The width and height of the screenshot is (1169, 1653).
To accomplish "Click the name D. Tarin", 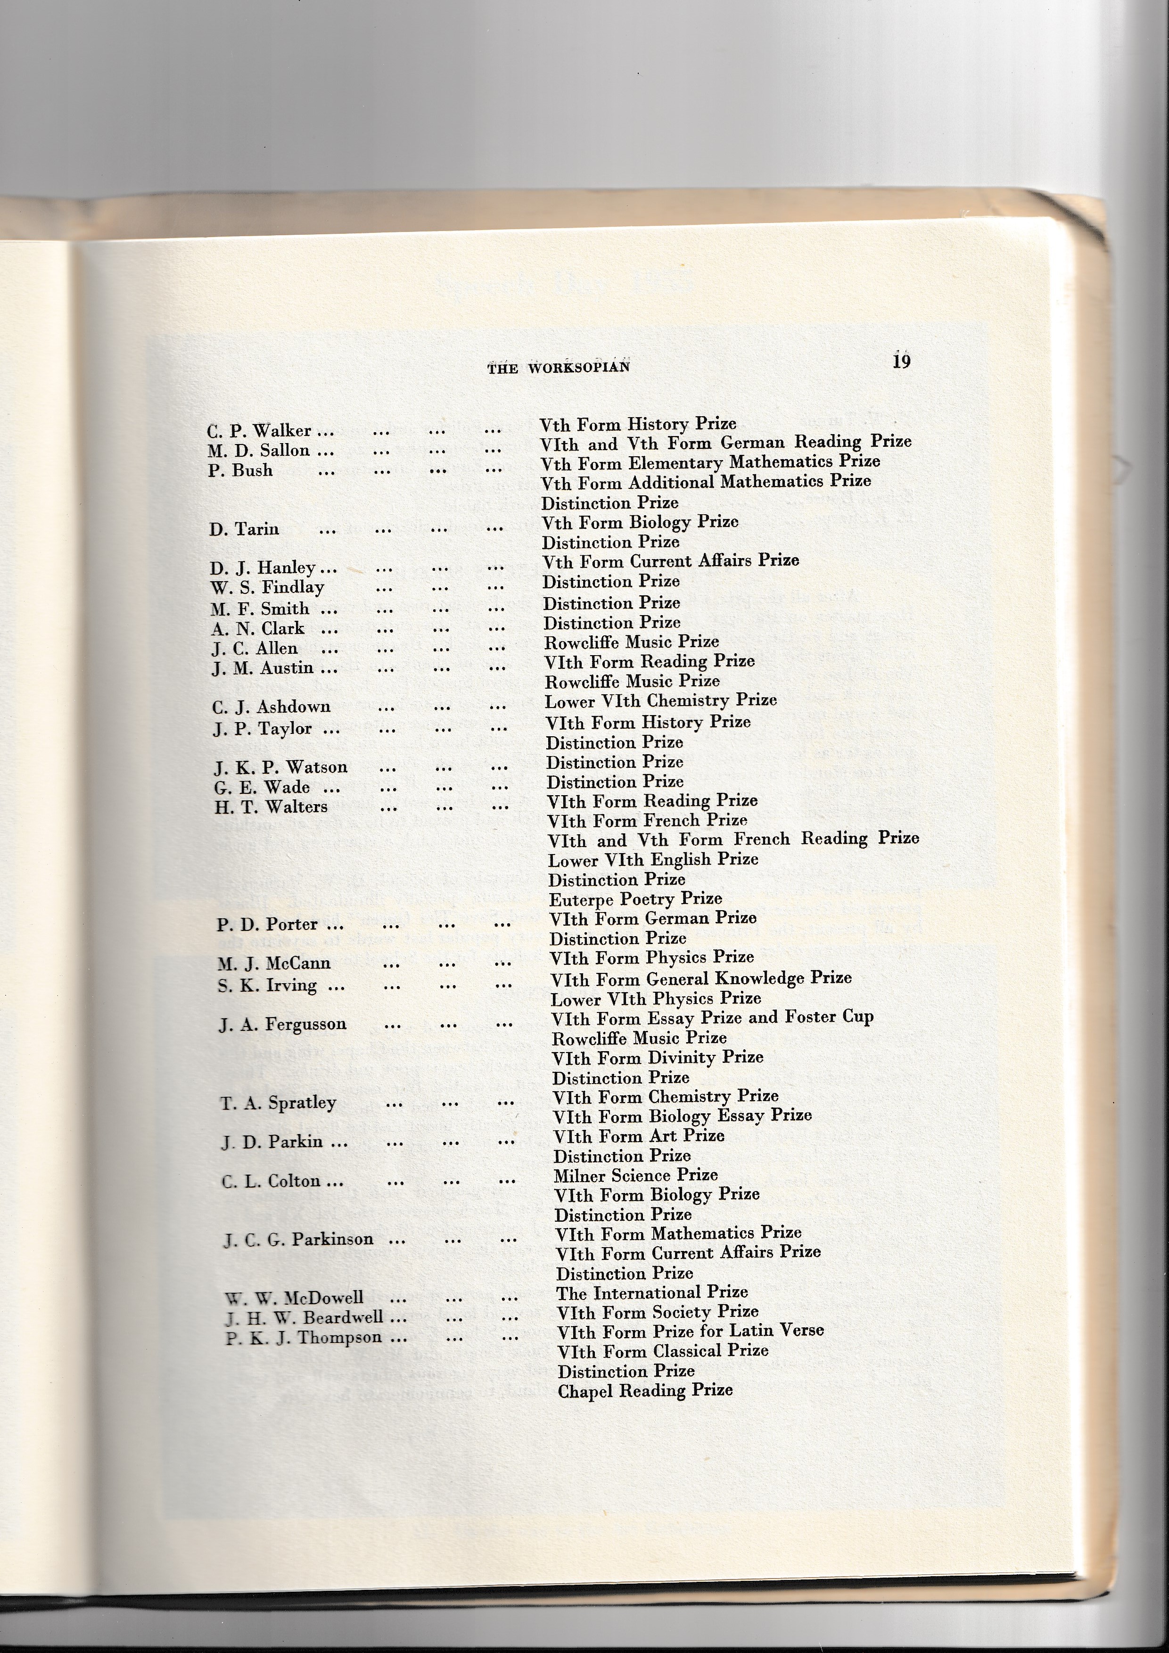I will pos(244,529).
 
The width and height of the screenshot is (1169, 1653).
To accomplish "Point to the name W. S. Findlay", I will pos(267,587).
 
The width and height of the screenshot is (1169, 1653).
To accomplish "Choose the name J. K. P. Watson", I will pos(281,767).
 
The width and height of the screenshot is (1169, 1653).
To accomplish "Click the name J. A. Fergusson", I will pos(283,1024).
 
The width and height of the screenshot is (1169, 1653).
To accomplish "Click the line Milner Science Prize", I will pos(635,1175).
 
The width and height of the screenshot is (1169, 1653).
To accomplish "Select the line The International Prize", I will pos(651,1292).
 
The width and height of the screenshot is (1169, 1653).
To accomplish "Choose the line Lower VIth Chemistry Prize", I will pos(660,700).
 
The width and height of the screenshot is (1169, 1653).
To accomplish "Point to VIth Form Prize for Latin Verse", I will pos(690,1331).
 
